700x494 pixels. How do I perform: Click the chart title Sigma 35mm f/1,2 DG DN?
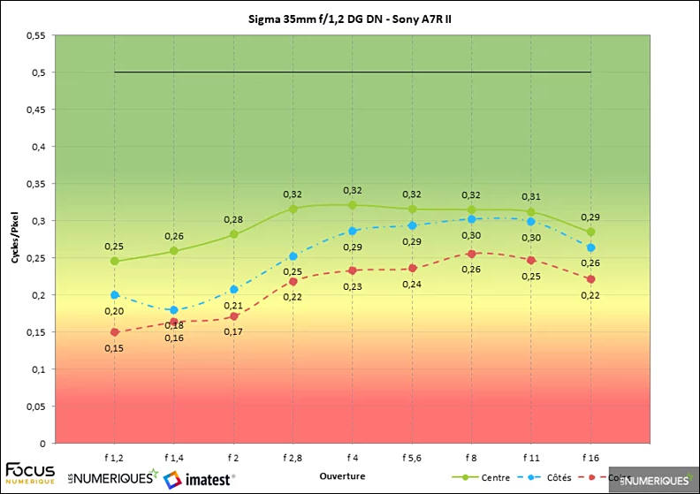(350, 19)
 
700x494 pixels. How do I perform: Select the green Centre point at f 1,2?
(115, 261)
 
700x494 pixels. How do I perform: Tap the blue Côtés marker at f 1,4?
(174, 310)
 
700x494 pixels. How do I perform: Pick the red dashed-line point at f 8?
(471, 254)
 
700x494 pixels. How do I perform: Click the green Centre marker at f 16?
(590, 232)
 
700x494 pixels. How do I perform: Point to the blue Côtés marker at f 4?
(353, 231)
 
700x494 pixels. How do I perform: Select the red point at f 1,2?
(115, 331)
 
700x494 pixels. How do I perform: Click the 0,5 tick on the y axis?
(37, 72)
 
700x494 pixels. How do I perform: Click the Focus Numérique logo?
(30, 472)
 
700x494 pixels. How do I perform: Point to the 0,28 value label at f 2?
(233, 219)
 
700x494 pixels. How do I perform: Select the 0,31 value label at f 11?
(530, 196)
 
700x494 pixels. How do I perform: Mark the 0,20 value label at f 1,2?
(115, 310)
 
